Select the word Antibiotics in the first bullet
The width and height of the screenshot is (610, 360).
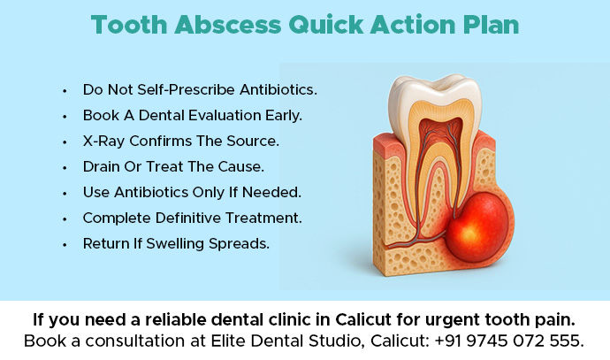point(273,90)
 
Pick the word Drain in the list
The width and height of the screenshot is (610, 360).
point(102,166)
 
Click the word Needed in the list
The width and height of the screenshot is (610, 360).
point(273,192)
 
